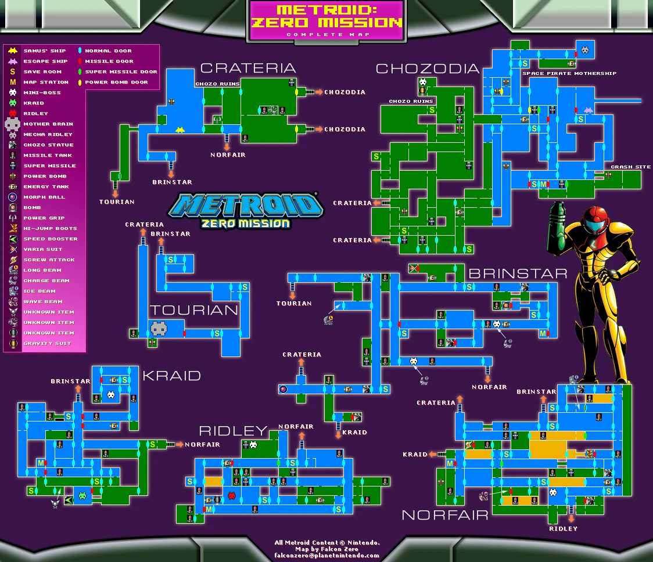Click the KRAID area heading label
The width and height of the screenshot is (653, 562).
click(171, 376)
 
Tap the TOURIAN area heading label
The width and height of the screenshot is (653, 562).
click(194, 310)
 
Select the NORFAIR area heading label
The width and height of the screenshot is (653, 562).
click(444, 515)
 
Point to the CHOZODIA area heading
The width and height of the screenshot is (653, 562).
click(428, 69)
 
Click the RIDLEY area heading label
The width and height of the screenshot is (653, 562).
click(233, 431)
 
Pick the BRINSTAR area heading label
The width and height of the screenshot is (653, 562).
click(518, 273)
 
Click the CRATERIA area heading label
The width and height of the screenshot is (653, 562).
click(248, 69)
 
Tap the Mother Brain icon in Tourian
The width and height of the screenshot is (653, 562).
click(159, 329)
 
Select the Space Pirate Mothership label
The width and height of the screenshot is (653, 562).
click(569, 74)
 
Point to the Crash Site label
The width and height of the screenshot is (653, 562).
click(631, 167)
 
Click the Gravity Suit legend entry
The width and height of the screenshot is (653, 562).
click(48, 344)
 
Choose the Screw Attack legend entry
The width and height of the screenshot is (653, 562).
click(49, 260)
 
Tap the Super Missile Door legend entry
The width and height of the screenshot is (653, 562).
click(121, 72)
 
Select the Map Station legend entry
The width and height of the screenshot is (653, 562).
click(44, 82)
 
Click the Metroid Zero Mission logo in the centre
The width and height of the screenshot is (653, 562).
click(245, 210)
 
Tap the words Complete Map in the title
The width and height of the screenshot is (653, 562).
click(326, 34)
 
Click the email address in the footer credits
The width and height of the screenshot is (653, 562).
click(327, 556)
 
